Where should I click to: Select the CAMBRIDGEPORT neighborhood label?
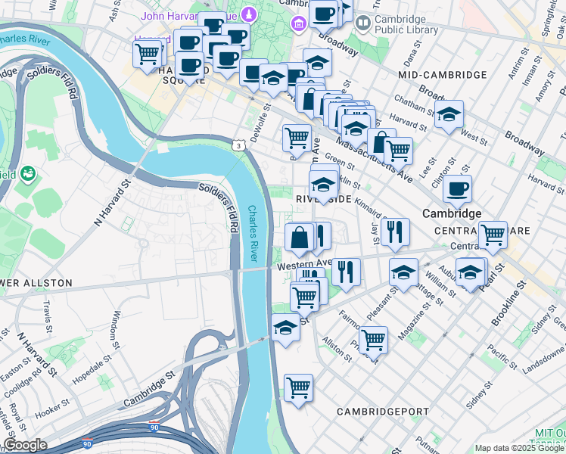(383, 412)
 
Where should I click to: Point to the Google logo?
(24, 445)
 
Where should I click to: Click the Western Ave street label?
(304, 266)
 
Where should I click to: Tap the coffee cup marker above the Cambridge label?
(457, 190)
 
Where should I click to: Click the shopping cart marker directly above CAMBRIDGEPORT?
(299, 388)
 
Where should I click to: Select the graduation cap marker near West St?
(449, 115)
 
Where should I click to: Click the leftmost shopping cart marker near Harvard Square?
(147, 54)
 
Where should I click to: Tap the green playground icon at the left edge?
(29, 173)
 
